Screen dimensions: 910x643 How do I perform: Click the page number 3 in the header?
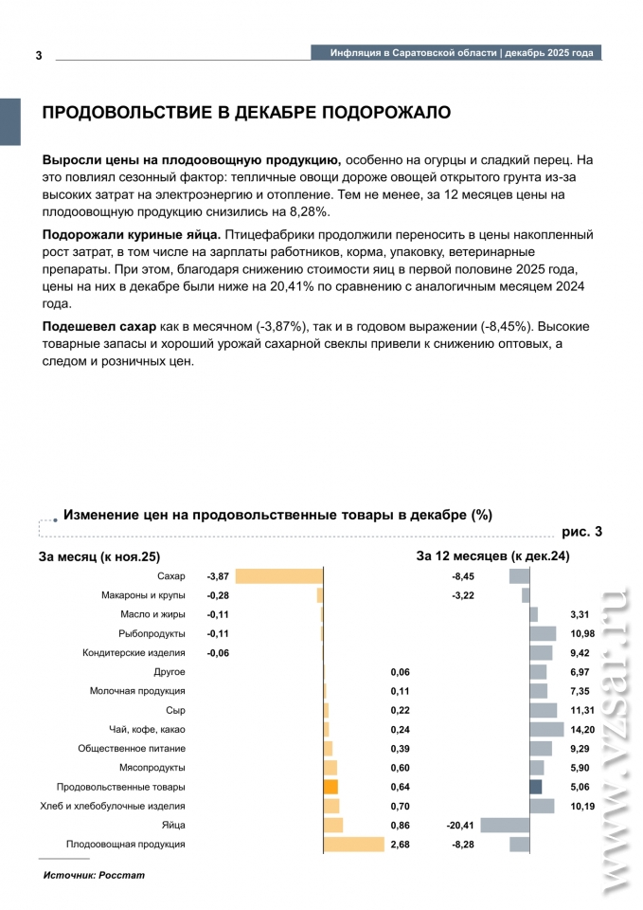pos(39,55)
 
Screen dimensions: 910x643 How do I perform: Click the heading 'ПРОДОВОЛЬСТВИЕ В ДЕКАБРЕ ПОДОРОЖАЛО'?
pos(246,113)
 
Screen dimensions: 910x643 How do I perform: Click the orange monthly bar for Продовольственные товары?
pos(330,786)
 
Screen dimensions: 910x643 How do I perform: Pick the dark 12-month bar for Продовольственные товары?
pos(535,786)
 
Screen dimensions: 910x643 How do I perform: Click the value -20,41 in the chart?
pos(460,825)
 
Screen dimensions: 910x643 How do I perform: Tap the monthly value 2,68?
pos(400,844)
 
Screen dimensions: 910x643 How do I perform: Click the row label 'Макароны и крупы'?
pos(143,595)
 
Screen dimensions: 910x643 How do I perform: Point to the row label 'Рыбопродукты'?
pos(152,633)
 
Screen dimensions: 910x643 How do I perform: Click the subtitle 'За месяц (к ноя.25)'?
pos(99,555)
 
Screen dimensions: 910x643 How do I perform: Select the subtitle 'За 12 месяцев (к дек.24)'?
pos(492,555)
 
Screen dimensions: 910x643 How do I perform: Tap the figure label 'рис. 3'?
pos(581,532)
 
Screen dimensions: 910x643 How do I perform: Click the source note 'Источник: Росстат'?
pos(94,874)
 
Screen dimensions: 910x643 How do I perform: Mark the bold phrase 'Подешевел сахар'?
pos(99,326)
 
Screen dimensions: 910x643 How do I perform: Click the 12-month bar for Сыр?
pos(543,710)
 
